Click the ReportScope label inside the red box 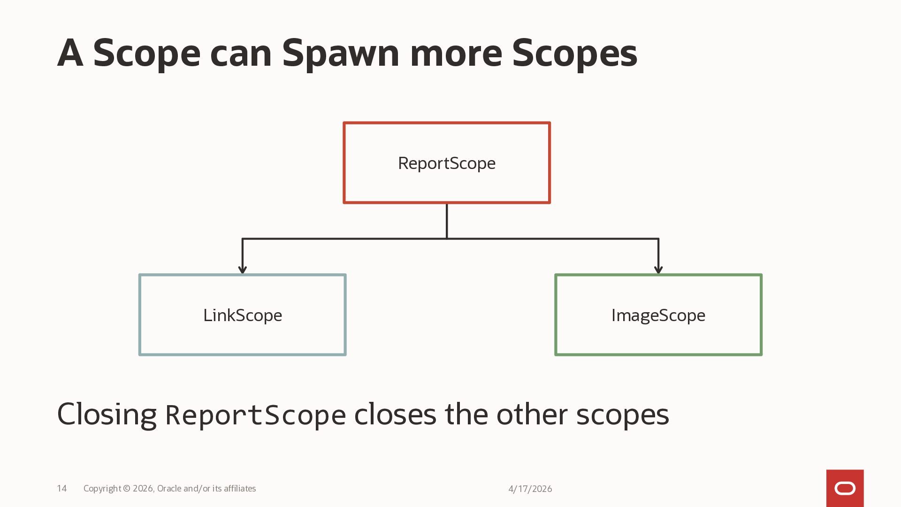446,163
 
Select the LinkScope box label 243,315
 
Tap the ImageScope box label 658,315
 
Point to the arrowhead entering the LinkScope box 243,269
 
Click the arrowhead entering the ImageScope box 658,269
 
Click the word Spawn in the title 340,53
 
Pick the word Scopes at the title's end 574,53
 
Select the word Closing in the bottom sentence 107,415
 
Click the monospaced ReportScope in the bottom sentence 256,415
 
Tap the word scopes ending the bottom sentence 622,415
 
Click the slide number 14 62,489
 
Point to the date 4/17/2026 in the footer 530,489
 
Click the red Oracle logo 845,489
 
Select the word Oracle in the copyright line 169,489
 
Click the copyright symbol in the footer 127,489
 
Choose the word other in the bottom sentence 532,415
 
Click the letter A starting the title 70,53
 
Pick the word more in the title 456,53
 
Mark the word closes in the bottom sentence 395,415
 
